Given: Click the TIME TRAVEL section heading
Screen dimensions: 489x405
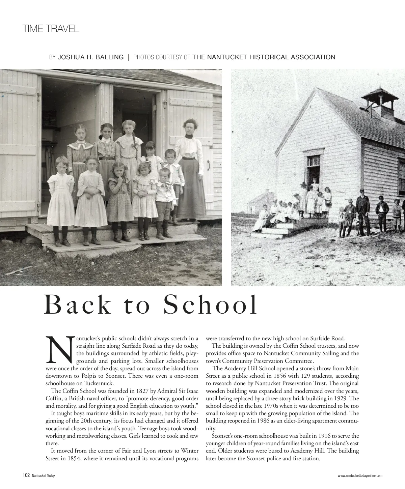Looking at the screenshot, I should point(51,29).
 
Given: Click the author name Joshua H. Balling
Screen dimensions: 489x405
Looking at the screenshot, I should point(91,57).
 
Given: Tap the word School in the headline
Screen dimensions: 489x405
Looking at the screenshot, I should point(210,305).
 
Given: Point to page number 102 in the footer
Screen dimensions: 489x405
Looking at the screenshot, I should point(26,476).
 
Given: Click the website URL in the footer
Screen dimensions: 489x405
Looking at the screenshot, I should point(360,476).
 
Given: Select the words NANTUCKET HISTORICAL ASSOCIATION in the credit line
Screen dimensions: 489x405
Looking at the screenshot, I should point(264,57).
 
